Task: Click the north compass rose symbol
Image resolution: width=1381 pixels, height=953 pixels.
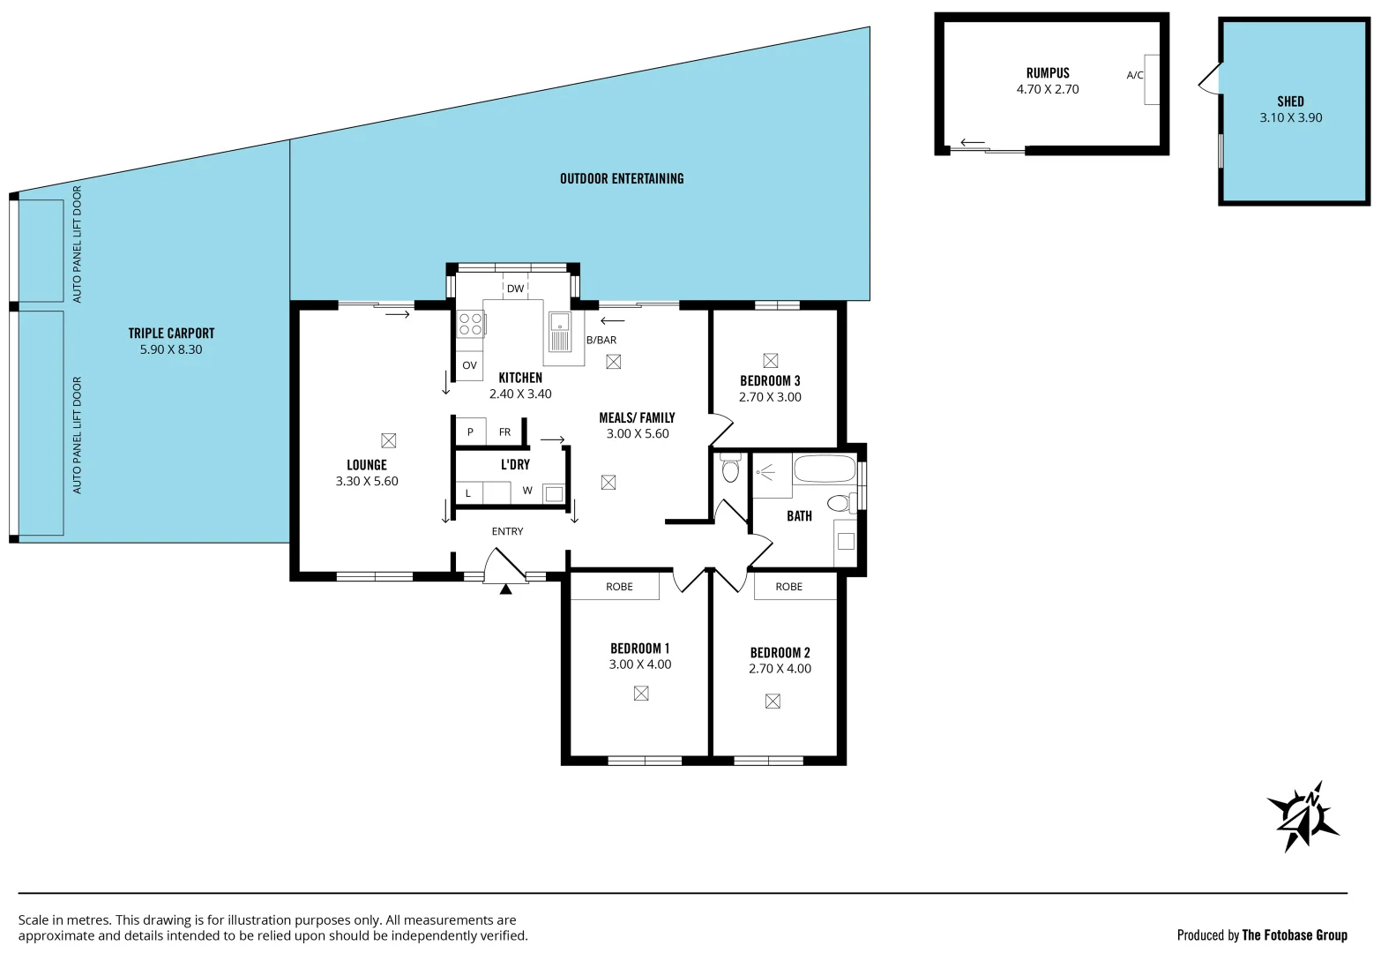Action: point(1303,815)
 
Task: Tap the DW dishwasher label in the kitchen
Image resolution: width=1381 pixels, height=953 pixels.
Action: point(515,289)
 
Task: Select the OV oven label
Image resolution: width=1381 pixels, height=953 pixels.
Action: point(469,365)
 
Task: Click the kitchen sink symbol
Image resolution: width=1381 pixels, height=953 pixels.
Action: point(560,332)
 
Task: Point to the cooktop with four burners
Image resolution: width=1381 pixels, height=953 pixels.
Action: point(470,324)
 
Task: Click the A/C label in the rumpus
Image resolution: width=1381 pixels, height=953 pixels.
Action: point(1135,76)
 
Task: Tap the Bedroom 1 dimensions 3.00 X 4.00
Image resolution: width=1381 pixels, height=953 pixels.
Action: point(639,664)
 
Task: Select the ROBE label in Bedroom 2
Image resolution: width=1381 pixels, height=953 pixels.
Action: point(788,587)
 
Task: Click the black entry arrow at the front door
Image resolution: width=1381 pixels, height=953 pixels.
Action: point(505,589)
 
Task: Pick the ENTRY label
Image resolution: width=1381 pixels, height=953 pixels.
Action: point(507,531)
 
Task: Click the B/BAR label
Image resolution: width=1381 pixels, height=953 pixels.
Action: point(601,340)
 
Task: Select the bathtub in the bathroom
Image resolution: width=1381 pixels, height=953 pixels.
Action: point(824,469)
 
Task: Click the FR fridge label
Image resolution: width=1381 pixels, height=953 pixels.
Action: point(504,432)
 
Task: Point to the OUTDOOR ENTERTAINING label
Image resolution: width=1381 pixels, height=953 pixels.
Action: point(622,179)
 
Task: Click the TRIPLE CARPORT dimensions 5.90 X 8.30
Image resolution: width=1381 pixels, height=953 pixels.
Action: point(171,349)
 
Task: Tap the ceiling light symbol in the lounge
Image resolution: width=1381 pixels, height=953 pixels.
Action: point(388,440)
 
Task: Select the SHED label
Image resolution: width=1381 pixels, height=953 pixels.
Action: point(1290,101)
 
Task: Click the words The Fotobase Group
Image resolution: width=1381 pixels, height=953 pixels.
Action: point(1294,935)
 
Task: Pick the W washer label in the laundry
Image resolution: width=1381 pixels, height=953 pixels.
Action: point(527,491)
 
